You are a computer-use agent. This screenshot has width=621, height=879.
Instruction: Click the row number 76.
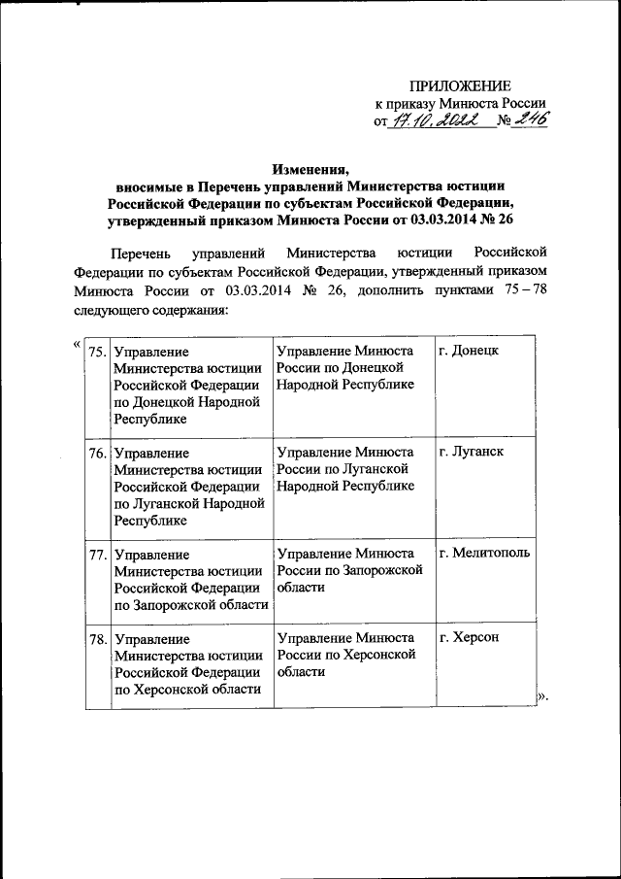pyautogui.click(x=97, y=452)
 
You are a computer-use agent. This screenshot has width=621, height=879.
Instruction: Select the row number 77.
pyautogui.click(x=97, y=554)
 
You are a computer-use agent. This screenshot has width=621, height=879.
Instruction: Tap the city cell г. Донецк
pyautogui.click(x=469, y=350)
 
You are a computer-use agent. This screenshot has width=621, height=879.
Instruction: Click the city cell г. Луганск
pyautogui.click(x=472, y=452)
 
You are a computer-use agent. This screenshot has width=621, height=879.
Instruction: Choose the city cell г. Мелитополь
pyautogui.click(x=484, y=554)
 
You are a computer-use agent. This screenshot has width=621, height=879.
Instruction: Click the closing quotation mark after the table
pyautogui.click(x=542, y=696)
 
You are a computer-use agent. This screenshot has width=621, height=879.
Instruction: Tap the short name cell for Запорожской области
pyautogui.click(x=349, y=570)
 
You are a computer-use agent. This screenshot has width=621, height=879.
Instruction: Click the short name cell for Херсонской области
pyautogui.click(x=346, y=655)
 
